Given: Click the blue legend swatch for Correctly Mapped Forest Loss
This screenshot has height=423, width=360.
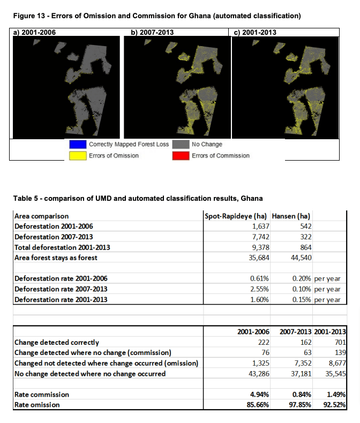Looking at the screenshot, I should pyautogui.click(x=77, y=144).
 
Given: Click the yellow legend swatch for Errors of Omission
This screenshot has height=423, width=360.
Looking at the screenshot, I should pyautogui.click(x=77, y=156).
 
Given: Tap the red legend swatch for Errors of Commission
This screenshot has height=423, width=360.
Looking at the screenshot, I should pyautogui.click(x=180, y=156).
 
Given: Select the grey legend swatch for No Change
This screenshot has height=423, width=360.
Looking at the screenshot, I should pyautogui.click(x=180, y=144).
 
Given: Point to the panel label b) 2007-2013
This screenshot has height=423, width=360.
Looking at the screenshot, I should pyautogui.click(x=152, y=32).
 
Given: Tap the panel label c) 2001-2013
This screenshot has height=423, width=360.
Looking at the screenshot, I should pyautogui.click(x=256, y=32).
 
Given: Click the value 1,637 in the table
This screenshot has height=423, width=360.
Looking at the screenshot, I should pyautogui.click(x=259, y=226).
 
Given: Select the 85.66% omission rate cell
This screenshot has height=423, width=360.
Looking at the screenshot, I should pyautogui.click(x=257, y=405).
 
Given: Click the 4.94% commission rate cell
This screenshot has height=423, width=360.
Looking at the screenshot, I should pyautogui.click(x=259, y=395).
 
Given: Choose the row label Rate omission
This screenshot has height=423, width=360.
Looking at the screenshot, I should pyautogui.click(x=37, y=405).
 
